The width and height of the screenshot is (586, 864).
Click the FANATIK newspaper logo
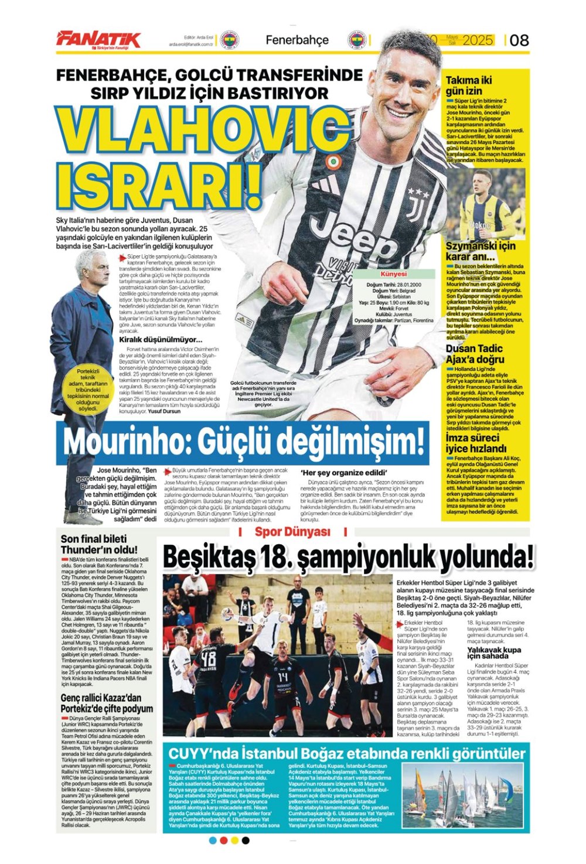(98, 39)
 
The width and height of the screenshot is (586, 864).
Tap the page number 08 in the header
(519, 40)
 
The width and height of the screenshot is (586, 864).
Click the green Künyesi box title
(393, 274)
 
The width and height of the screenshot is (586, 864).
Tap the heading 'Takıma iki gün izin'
(469, 86)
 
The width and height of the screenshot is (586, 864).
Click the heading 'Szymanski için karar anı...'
(481, 251)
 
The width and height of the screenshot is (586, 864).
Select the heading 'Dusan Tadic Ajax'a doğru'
(475, 354)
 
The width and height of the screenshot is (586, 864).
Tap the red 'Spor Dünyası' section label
(292, 532)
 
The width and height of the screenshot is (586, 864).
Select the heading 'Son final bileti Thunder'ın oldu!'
(99, 544)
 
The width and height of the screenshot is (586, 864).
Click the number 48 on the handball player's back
(208, 660)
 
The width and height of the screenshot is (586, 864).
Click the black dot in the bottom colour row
(246, 841)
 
